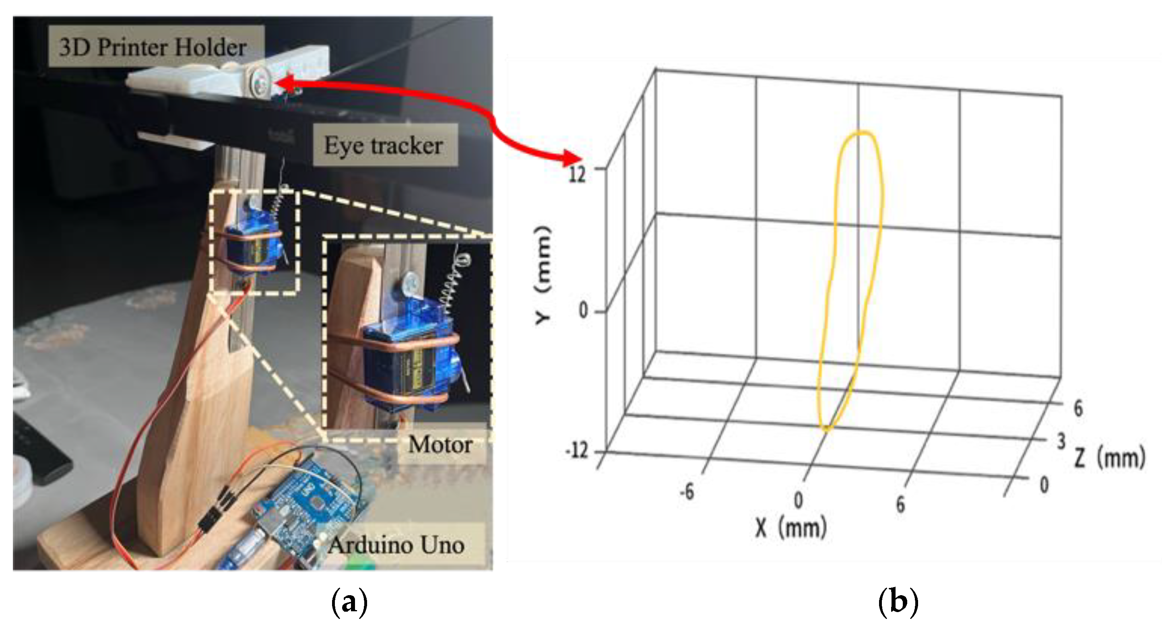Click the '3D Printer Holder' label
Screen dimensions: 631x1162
tap(153, 47)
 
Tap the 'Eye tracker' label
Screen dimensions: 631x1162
tap(384, 146)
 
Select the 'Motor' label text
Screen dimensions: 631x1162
tap(440, 445)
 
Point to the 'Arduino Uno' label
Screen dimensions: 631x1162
tap(396, 545)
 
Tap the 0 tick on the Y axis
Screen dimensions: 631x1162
tap(583, 310)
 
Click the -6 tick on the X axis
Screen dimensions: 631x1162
tap(687, 492)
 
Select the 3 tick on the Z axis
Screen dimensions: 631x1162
tap(1061, 441)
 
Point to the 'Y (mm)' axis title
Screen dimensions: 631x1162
tap(543, 275)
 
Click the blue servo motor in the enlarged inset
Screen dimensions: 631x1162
tap(406, 361)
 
